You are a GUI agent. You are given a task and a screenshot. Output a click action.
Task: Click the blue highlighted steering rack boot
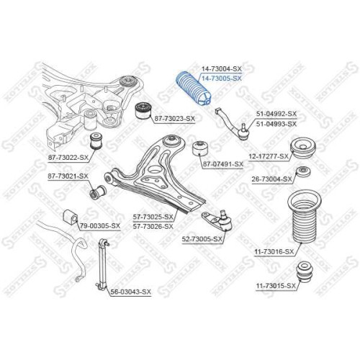[x=193, y=88]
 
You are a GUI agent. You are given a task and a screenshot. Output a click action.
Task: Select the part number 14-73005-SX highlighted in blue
[x=221, y=78]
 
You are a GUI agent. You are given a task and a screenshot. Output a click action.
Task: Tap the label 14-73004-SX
[x=221, y=69]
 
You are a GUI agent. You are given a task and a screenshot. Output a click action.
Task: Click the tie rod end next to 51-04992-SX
[x=233, y=125]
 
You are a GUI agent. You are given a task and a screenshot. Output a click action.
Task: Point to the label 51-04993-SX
[x=276, y=124]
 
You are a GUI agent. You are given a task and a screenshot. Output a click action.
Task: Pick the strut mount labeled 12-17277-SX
[x=303, y=148]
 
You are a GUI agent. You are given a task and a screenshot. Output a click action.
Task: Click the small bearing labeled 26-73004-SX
[x=303, y=172]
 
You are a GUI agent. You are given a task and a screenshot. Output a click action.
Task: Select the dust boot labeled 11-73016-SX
[x=304, y=217]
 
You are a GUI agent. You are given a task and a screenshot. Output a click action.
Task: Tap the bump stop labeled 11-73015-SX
[x=305, y=273]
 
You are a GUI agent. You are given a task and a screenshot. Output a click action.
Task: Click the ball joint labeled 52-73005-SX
[x=217, y=220]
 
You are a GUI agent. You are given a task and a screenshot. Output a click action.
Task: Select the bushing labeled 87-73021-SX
[x=98, y=192]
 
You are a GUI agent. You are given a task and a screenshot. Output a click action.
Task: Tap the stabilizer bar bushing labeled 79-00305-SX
[x=71, y=217]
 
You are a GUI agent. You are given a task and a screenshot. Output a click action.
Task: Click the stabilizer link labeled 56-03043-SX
[x=103, y=264]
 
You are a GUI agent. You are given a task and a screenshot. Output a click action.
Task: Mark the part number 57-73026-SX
[x=153, y=226]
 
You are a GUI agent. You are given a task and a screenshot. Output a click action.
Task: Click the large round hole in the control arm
[x=155, y=169]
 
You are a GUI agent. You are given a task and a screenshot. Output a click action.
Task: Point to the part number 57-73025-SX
[x=153, y=217]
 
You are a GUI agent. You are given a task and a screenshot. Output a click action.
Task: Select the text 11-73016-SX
[x=274, y=251]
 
